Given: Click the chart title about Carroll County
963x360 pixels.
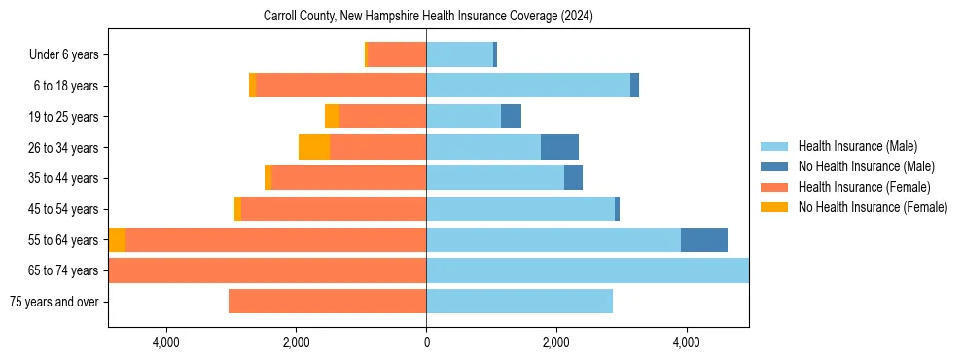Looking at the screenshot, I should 428,17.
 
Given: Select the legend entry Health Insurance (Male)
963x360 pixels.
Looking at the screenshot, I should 857,147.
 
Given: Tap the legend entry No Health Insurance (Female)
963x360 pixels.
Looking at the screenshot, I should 872,207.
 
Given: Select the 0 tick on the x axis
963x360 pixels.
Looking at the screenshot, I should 426,342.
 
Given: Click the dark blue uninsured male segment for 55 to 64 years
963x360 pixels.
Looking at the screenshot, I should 704,239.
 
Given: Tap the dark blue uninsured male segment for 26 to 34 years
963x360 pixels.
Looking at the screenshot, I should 559,147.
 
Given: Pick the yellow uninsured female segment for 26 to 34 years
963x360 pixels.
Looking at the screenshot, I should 314,147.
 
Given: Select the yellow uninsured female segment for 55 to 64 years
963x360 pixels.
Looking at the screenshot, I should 117,239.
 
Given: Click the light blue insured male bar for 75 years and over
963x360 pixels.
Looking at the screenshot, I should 519,302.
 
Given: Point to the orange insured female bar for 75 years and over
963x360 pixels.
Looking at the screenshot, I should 327,302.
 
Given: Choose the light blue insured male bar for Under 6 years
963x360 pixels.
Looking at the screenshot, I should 459,55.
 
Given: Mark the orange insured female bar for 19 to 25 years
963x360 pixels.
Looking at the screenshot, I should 382,117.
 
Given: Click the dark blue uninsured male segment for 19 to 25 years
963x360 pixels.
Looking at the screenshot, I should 511,117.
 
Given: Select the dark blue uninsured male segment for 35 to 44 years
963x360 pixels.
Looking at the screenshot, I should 573,178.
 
